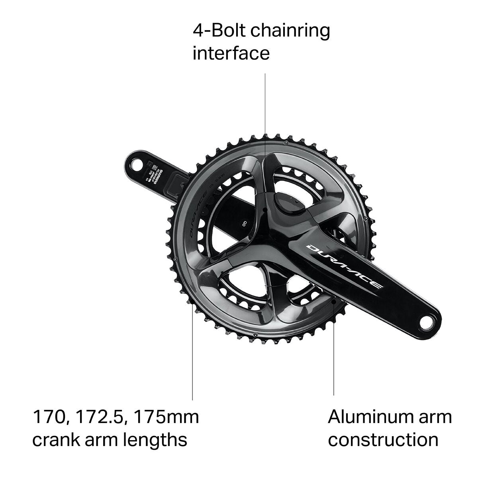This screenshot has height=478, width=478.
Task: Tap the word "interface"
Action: [x=231, y=53]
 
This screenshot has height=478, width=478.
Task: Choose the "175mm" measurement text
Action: [x=166, y=417]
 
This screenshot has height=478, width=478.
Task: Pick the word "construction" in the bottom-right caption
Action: [x=383, y=440]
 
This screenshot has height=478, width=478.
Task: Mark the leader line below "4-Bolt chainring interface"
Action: [x=265, y=119]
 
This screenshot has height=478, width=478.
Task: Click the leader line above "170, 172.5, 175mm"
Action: [x=193, y=358]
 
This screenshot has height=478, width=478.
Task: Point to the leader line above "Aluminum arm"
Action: [x=334, y=358]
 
